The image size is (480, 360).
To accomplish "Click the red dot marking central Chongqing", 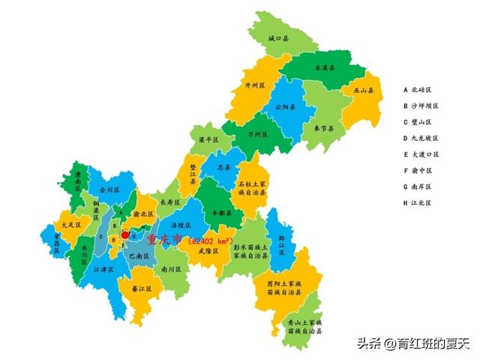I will (x=124, y=235).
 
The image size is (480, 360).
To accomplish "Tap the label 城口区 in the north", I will (x=278, y=37).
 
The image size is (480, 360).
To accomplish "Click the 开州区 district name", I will (x=256, y=86).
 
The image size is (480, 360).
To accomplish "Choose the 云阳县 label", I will (x=285, y=107).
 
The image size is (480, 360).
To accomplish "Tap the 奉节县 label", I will (x=324, y=128).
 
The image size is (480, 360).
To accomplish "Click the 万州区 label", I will (x=257, y=135).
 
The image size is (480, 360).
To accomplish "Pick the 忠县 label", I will (x=223, y=167).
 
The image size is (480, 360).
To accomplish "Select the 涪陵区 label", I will (x=181, y=225).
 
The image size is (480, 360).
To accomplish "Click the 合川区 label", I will (x=109, y=190).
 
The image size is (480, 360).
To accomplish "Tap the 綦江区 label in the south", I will (x=142, y=289).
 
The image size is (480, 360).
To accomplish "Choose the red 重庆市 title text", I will (x=165, y=239).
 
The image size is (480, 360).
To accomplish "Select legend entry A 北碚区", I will (x=421, y=88).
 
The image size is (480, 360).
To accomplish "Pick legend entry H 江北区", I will (x=421, y=202).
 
